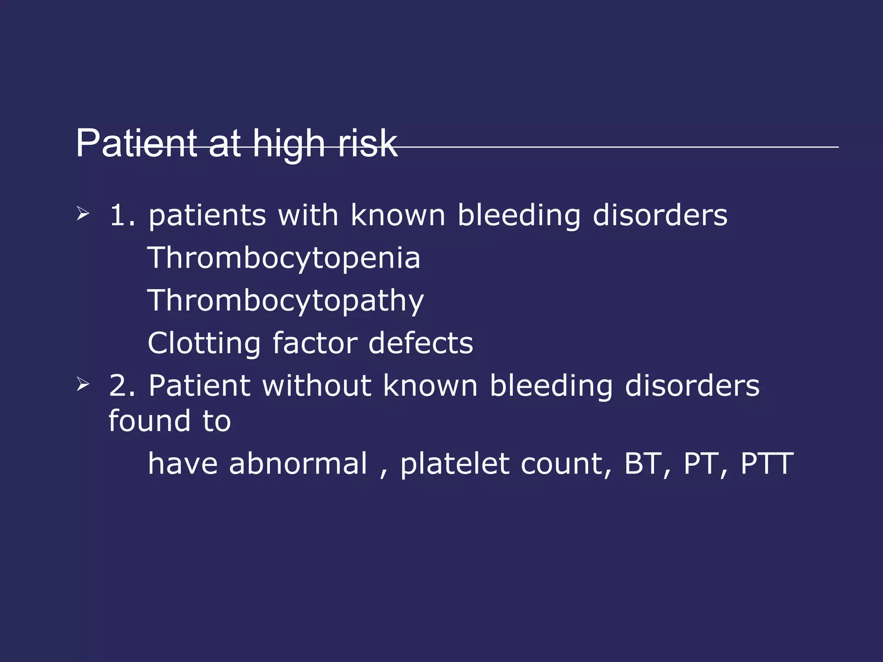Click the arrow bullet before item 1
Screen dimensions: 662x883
(x=82, y=213)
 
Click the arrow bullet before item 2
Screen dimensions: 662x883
(x=82, y=384)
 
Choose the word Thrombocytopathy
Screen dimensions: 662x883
(x=285, y=301)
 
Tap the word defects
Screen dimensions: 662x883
(x=421, y=343)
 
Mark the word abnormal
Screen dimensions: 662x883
(x=298, y=464)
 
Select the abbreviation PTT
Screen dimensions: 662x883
(x=767, y=464)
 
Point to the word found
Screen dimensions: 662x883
(x=149, y=421)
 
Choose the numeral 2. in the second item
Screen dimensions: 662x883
(x=122, y=385)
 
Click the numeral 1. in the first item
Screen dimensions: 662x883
(x=122, y=215)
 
